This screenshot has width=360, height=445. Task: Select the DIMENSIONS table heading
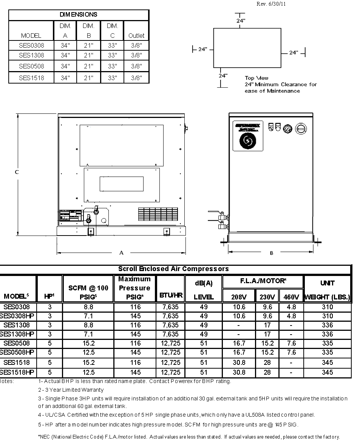point(79,15)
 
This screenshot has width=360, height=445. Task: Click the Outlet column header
point(136,36)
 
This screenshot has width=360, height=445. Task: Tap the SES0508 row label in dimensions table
point(31,66)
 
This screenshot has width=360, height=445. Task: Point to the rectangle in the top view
point(247,48)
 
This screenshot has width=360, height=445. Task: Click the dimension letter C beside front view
point(17,172)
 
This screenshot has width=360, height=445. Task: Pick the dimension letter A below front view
point(122,253)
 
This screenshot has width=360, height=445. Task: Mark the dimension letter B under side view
point(271,253)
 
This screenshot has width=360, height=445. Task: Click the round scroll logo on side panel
point(248,141)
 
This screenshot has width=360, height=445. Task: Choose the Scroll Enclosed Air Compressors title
point(173,269)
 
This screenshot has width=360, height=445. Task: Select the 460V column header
point(291,297)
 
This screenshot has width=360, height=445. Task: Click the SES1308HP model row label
point(18,334)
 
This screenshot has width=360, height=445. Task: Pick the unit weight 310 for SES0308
point(328,307)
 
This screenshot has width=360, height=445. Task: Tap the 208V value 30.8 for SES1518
point(239,362)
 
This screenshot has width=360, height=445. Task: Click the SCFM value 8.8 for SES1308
point(88,325)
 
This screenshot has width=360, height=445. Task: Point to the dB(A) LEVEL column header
point(204,290)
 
